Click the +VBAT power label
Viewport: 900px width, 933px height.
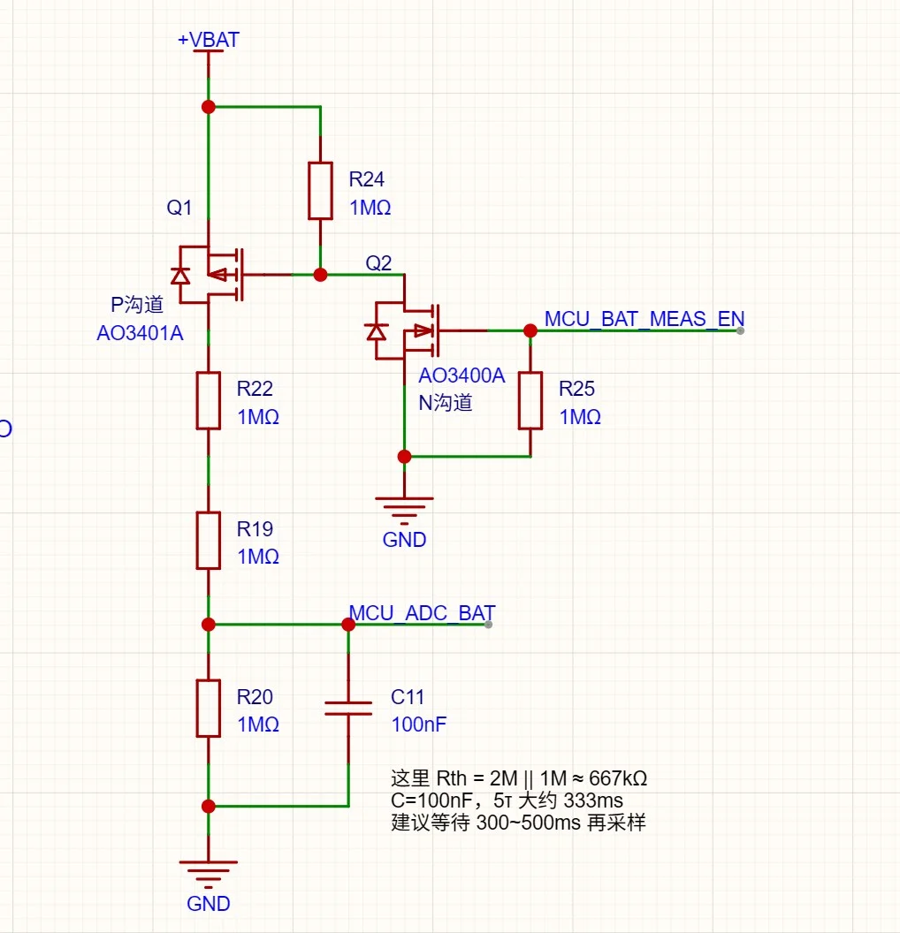click(x=209, y=40)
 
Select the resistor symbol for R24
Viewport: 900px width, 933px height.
click(x=320, y=191)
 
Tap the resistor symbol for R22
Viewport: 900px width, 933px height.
click(x=209, y=400)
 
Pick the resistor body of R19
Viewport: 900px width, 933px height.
click(x=209, y=541)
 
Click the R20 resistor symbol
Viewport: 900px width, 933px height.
click(x=209, y=708)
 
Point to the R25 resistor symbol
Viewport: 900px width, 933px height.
click(x=530, y=400)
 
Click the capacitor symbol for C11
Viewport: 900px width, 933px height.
click(x=348, y=708)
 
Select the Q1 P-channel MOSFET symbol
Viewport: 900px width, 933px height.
click(x=209, y=274)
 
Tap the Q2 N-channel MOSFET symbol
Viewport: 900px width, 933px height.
click(x=404, y=330)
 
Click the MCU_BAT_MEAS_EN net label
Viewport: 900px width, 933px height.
click(x=644, y=319)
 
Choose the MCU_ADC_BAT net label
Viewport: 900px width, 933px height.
click(x=422, y=613)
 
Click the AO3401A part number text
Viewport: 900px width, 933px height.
click(x=140, y=333)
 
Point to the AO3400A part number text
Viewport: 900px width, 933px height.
click(x=461, y=375)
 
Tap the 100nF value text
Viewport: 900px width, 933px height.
click(x=418, y=724)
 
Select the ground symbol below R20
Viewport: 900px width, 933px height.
click(x=209, y=874)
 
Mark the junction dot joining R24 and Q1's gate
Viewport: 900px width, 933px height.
click(x=320, y=274)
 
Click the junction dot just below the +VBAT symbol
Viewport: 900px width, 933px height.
click(x=209, y=107)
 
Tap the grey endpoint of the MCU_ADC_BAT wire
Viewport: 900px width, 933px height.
click(x=488, y=624)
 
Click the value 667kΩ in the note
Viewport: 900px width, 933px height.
click(x=618, y=778)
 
